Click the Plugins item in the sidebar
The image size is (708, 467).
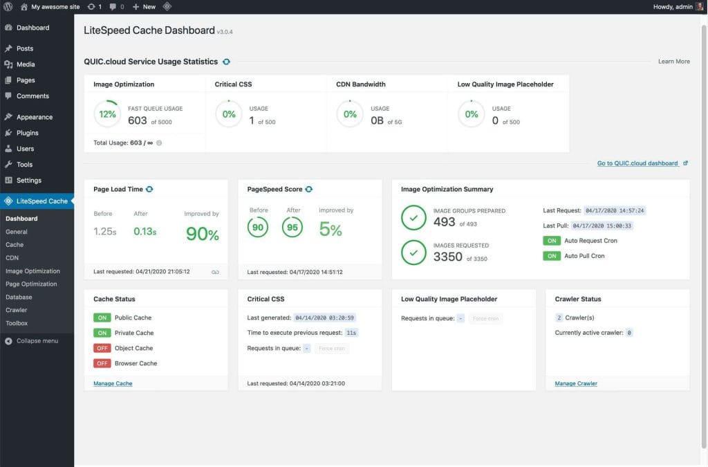click(27, 133)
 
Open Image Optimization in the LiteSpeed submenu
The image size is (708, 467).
click(32, 271)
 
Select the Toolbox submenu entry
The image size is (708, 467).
click(17, 323)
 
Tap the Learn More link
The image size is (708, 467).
click(673, 62)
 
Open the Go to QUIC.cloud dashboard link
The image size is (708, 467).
click(637, 163)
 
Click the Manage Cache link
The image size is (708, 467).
click(113, 383)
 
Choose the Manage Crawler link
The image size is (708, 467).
click(576, 383)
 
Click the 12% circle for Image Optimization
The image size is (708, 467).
click(107, 114)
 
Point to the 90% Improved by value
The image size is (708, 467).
click(202, 234)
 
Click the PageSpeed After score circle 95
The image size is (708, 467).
click(293, 228)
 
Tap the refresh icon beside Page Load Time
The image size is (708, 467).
click(149, 189)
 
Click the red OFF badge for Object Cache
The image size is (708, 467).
click(102, 348)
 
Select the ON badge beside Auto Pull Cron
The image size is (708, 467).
click(552, 256)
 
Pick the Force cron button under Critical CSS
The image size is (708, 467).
click(332, 349)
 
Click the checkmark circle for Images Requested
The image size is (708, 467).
click(413, 253)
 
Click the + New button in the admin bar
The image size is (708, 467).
click(144, 6)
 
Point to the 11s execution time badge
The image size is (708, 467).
click(351, 333)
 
